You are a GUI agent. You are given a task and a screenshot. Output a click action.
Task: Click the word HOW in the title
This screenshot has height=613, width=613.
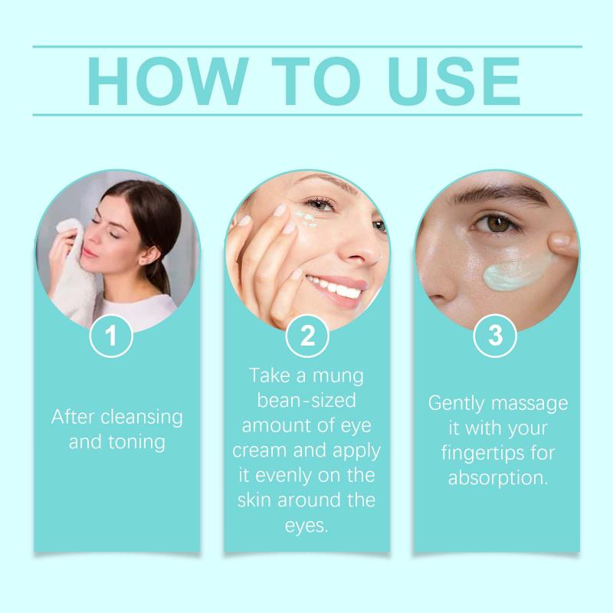point(168,81)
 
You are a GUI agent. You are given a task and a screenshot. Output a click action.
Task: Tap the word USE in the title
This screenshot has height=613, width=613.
point(454,81)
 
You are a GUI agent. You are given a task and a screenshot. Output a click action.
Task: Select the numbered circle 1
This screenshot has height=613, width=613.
point(111,336)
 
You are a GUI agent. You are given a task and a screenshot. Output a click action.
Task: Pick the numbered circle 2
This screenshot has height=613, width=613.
point(307,336)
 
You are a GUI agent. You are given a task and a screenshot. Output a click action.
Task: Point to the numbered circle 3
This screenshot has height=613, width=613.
point(495,336)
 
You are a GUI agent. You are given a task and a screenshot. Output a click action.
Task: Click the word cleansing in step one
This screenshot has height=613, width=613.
point(142,418)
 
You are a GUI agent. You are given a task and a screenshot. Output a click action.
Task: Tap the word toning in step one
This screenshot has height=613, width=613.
point(136,442)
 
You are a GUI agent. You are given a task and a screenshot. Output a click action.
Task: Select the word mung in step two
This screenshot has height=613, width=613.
point(338,376)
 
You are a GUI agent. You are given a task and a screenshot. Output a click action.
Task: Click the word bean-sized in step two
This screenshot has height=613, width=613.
point(306,400)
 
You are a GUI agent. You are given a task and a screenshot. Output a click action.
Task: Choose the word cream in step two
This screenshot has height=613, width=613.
point(260,451)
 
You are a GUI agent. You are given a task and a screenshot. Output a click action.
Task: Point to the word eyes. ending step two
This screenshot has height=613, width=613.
point(306,526)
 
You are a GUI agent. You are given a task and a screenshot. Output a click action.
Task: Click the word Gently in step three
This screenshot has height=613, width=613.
point(456,405)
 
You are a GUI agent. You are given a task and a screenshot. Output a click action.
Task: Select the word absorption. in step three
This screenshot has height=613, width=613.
point(498,478)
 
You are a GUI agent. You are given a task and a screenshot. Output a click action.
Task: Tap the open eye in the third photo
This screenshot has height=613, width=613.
point(493,223)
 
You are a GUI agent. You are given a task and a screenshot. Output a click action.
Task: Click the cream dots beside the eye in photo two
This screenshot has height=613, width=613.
point(306,219)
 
